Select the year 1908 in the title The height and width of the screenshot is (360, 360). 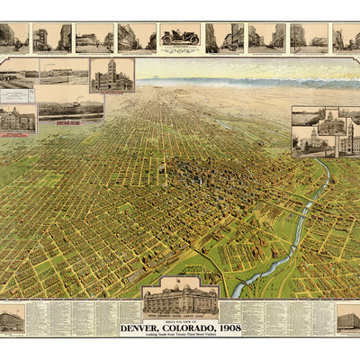tap(226, 327)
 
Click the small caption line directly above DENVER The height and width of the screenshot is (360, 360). tap(180, 319)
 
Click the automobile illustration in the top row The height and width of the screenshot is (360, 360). tap(180, 38)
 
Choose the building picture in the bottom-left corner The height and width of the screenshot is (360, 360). tap(12, 319)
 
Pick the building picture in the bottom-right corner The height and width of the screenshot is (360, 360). tap(347, 318)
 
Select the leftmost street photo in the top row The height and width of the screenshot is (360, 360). tap(13, 38)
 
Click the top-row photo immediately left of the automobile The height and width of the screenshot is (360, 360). tap(137, 38)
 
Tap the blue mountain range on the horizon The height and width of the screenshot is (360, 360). tap(270, 83)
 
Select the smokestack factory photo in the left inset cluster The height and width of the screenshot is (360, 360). tap(70, 107)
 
